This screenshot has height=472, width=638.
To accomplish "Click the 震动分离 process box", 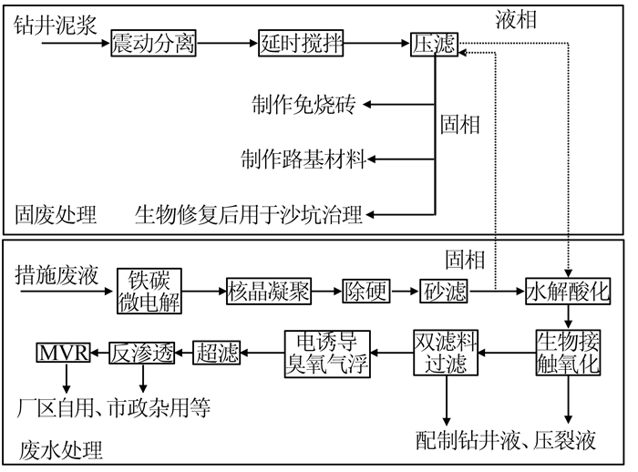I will [154, 43].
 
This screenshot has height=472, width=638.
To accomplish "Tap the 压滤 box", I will [434, 43].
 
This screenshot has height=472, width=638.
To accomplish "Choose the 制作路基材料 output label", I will [304, 159].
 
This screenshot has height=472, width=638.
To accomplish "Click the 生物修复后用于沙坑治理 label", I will [249, 215].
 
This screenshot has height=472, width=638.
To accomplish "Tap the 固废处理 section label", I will [56, 215].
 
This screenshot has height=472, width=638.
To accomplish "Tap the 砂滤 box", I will [444, 291].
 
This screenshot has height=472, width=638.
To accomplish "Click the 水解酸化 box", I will [568, 291].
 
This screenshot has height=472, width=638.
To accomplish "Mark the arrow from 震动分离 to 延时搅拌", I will [224, 43].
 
